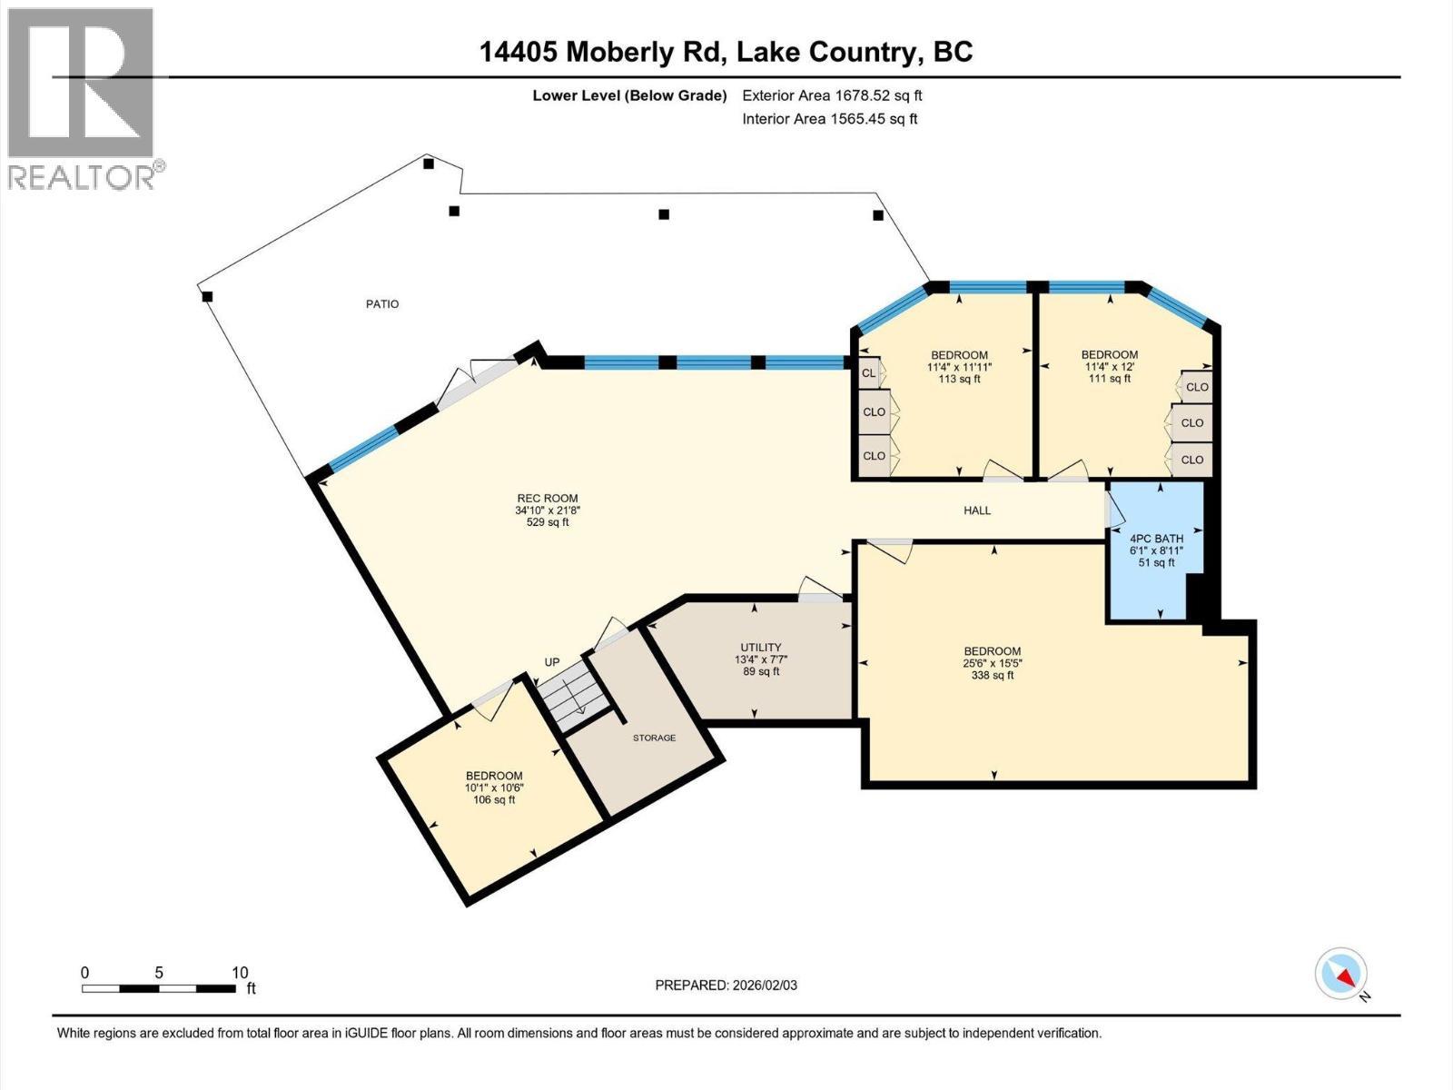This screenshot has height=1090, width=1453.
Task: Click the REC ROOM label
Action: point(547,498)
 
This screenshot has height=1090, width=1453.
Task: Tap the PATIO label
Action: point(382,304)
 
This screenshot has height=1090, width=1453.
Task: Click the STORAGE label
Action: point(654,738)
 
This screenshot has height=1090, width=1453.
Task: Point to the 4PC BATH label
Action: point(1156,539)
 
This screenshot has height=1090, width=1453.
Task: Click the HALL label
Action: point(977,510)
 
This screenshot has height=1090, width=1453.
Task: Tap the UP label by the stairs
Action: point(552,662)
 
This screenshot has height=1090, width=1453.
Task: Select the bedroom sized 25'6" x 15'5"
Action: point(992,663)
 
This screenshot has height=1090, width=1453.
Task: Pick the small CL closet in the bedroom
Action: point(868,373)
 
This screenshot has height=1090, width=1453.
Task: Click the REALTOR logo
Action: point(81,98)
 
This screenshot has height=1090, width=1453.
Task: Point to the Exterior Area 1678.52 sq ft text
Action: point(832,95)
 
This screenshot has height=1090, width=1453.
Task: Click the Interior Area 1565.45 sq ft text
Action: point(829,119)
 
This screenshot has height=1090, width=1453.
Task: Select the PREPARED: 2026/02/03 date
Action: point(726,986)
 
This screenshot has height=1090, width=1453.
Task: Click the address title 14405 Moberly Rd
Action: point(726,52)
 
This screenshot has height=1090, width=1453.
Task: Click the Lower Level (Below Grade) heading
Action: point(629,95)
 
